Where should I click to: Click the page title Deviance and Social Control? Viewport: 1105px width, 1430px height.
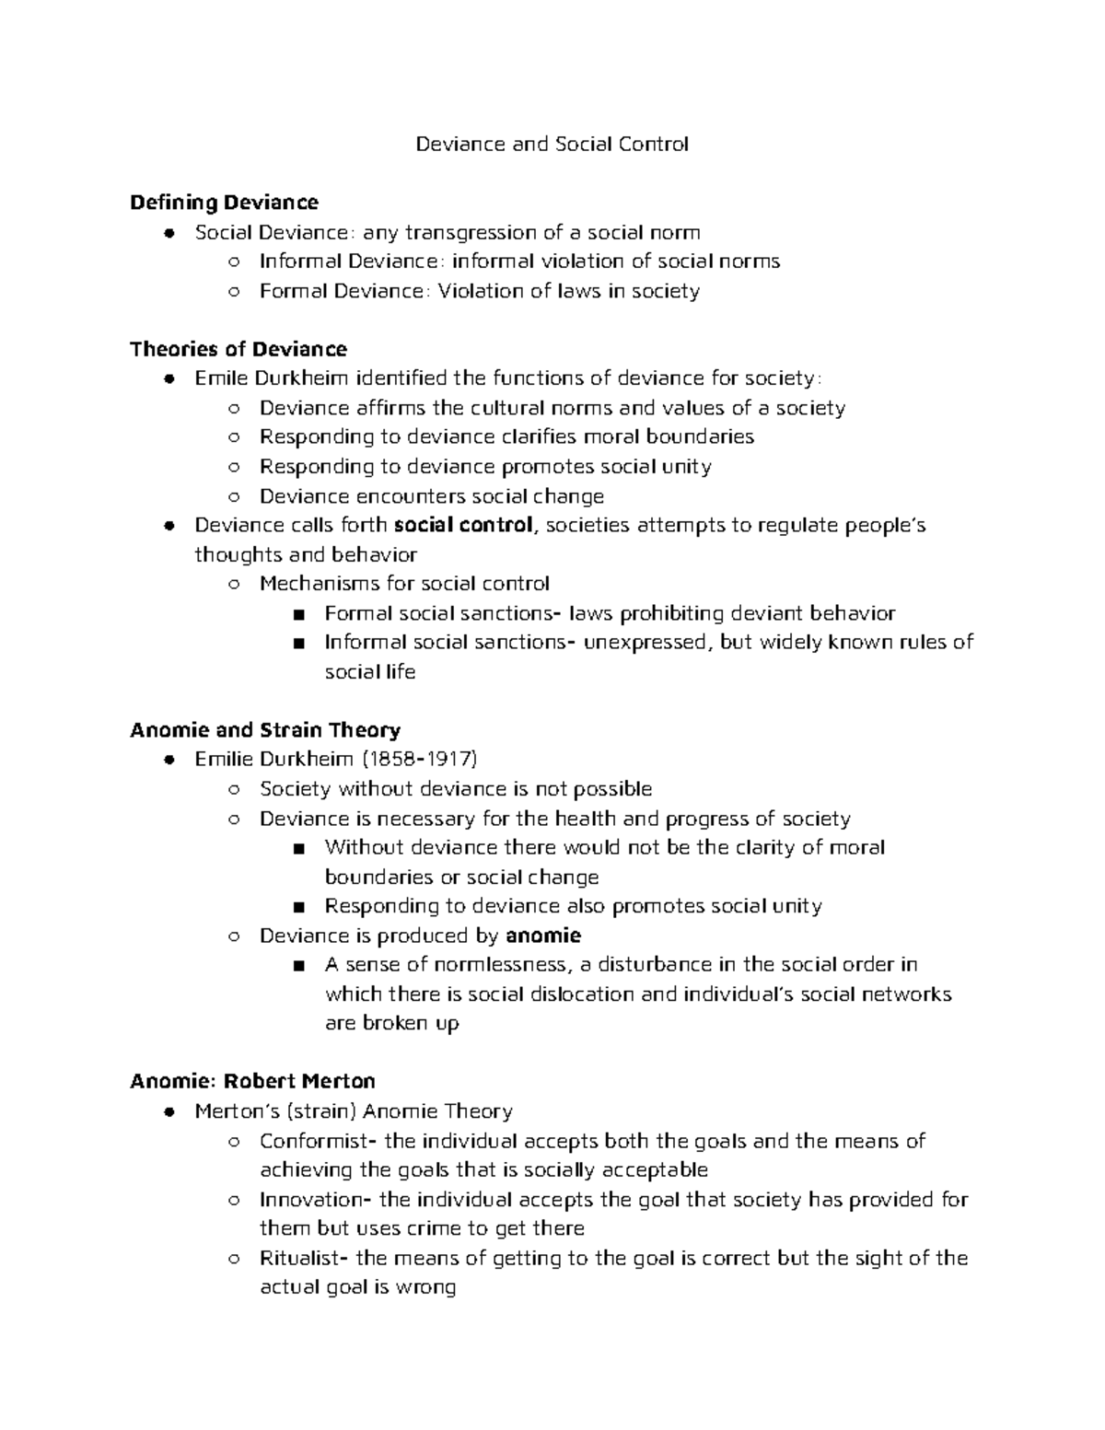click(x=552, y=144)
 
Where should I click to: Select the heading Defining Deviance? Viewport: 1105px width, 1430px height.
click(x=224, y=202)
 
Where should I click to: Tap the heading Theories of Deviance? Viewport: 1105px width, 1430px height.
click(x=238, y=349)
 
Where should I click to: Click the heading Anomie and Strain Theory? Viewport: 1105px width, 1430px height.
click(x=265, y=730)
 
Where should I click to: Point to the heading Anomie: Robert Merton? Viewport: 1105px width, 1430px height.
click(x=252, y=1081)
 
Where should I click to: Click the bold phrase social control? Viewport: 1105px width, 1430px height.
click(x=463, y=525)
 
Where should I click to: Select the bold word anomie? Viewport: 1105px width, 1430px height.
click(x=543, y=936)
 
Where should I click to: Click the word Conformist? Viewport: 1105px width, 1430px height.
click(x=313, y=1141)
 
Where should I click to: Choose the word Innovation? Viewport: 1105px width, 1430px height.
click(x=312, y=1200)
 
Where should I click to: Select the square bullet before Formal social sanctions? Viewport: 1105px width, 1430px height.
click(x=297, y=614)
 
